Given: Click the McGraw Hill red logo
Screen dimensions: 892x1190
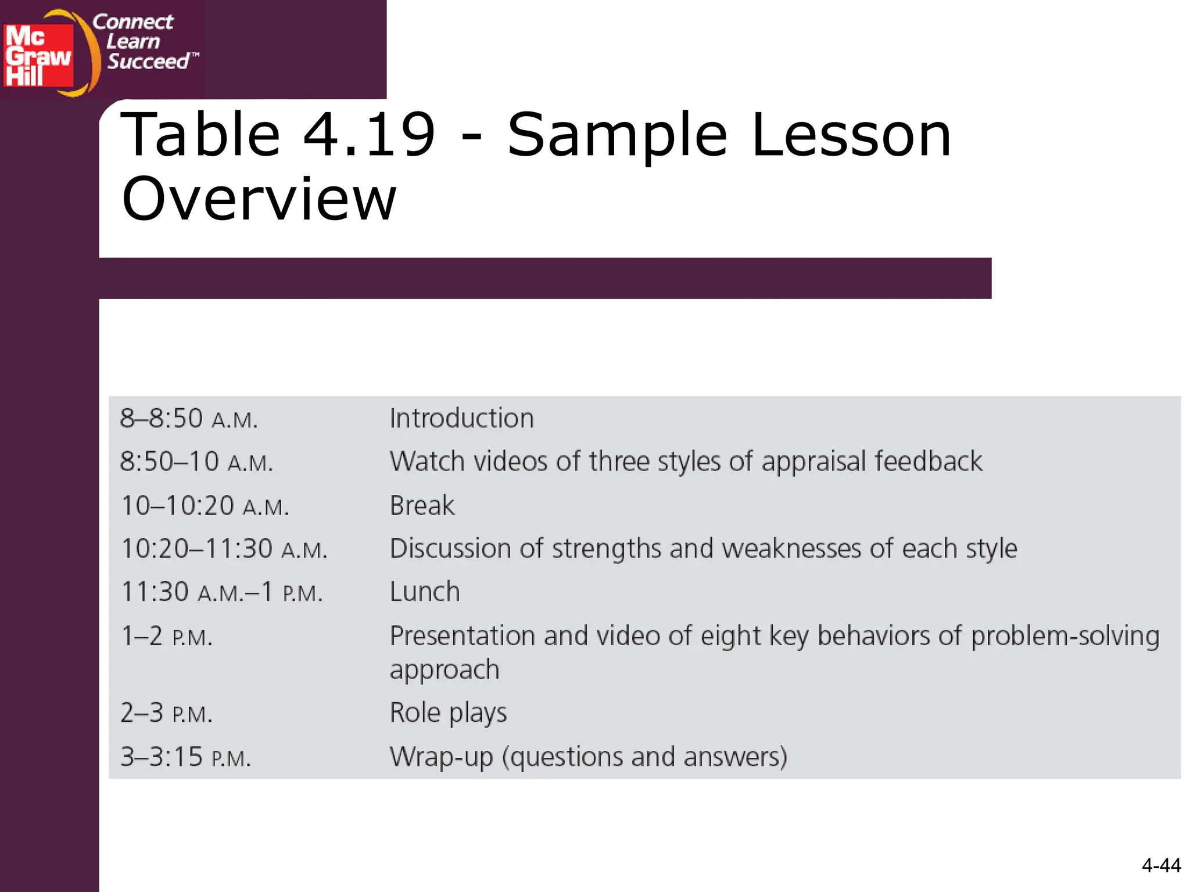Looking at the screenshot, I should click(x=38, y=56).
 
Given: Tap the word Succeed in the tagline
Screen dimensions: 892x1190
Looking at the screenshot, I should click(x=149, y=61).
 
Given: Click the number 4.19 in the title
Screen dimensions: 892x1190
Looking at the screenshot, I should click(x=369, y=135).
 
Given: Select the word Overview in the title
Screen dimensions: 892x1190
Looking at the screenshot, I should click(x=259, y=199).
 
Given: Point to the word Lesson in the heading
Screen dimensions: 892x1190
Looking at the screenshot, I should click(x=851, y=135).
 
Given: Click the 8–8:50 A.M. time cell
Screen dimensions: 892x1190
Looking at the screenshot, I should click(x=189, y=419).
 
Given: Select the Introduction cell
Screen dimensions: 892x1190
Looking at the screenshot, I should click(x=461, y=419).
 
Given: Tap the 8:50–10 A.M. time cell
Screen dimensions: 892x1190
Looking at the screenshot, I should click(x=196, y=462).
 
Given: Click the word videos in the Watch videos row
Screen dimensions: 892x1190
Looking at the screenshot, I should click(x=510, y=462).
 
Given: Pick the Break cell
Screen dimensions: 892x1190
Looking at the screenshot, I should click(x=422, y=506).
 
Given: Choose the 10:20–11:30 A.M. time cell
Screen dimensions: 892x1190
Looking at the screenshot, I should click(x=224, y=549).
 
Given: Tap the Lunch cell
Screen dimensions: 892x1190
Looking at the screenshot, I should click(x=425, y=592).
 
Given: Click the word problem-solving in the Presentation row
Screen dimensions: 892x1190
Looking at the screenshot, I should click(x=1065, y=636).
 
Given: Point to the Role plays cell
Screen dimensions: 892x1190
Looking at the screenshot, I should click(x=448, y=713).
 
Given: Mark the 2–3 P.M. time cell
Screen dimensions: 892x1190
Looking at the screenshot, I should click(x=166, y=713).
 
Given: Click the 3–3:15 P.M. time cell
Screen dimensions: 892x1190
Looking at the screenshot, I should click(x=185, y=757).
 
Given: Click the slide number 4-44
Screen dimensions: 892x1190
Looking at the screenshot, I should click(x=1160, y=866).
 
